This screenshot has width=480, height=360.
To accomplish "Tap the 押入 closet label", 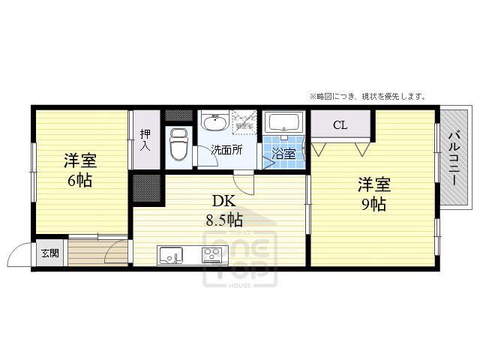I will (x=145, y=139).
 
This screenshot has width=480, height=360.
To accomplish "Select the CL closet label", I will (x=340, y=124).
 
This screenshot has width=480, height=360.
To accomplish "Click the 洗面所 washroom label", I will (x=225, y=149).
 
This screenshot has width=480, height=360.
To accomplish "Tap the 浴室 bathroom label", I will (x=283, y=154).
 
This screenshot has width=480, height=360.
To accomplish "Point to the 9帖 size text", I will (x=373, y=203).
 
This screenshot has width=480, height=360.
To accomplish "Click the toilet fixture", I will (x=178, y=145).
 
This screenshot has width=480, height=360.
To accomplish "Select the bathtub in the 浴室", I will (x=284, y=122).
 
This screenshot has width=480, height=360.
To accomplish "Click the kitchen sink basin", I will (x=169, y=255).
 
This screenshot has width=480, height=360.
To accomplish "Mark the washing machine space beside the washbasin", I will (x=244, y=121).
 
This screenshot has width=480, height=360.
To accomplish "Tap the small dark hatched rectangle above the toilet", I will (x=178, y=115).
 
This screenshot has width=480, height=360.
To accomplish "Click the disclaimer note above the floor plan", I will (x=367, y=96).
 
